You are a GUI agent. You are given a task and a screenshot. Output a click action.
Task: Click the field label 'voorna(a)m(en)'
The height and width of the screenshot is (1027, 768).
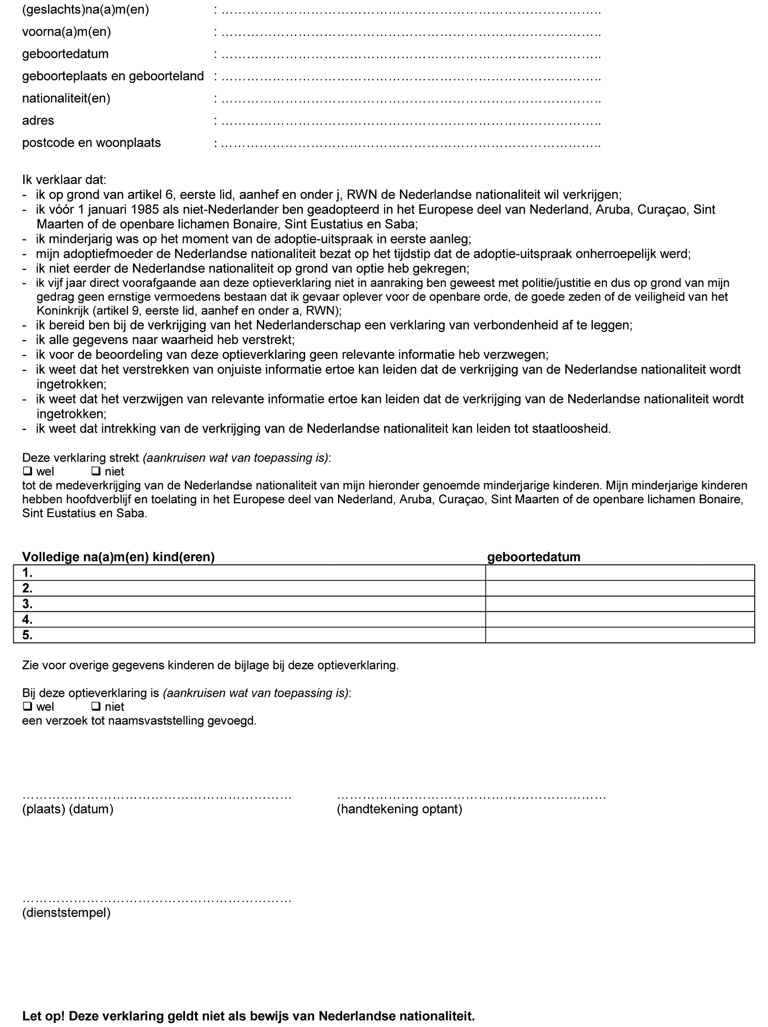coord(66,32)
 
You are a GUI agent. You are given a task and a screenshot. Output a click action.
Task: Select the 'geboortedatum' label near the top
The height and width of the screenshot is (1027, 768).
coord(65,54)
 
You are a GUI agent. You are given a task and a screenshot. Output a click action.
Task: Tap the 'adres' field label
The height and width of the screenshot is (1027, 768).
coord(38,121)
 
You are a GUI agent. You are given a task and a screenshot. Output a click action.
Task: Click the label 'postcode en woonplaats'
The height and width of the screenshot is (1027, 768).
coord(91,143)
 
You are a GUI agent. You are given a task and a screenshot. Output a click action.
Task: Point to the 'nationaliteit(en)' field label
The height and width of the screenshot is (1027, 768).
coord(66,98)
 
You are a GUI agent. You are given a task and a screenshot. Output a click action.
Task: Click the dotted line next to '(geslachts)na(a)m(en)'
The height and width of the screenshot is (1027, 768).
coord(411,11)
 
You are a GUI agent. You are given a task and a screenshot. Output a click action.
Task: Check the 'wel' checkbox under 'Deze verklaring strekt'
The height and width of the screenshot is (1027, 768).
coord(27,471)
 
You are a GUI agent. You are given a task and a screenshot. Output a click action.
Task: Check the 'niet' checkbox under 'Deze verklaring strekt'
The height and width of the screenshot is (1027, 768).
coord(96,471)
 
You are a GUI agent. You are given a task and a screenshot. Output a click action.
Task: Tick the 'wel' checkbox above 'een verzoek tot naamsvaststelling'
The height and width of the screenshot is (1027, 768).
coord(27,707)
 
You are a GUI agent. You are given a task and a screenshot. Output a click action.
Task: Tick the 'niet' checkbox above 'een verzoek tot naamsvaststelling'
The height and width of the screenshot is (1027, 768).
coord(96,707)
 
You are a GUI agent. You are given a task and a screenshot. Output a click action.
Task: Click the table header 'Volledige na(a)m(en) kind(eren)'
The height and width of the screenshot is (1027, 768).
coord(118,557)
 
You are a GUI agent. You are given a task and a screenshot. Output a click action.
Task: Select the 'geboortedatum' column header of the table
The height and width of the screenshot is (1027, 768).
coord(534,557)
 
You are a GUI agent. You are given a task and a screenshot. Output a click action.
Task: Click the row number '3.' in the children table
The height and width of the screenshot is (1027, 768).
coord(27,604)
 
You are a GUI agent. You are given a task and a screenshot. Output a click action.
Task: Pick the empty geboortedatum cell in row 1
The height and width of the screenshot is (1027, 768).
coord(619,573)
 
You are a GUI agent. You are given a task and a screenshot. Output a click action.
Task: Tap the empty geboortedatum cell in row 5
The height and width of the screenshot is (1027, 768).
coord(619,635)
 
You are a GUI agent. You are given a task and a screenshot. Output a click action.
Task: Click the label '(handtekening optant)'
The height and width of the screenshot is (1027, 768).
coord(399,809)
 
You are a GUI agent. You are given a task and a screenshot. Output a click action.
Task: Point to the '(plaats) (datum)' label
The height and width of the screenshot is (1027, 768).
coord(68,809)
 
